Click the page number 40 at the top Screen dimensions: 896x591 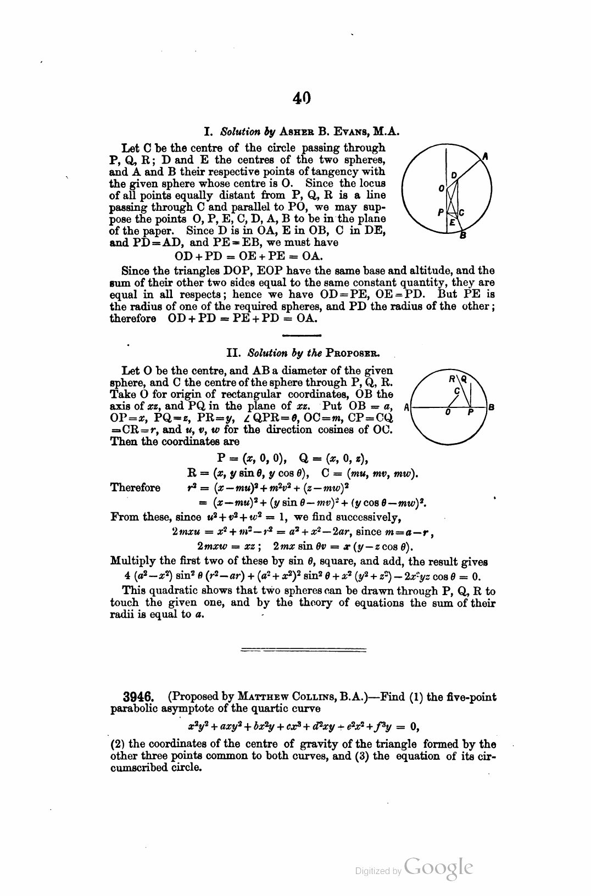tap(302, 98)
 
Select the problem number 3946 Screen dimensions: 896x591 tap(137, 697)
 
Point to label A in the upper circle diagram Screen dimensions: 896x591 tap(485, 156)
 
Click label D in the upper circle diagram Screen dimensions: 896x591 tap(454, 175)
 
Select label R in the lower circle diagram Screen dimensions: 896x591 tap(451, 378)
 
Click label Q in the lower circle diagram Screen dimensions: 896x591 tap(464, 378)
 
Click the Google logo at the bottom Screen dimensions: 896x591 tap(438, 868)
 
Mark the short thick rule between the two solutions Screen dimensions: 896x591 tap(301, 334)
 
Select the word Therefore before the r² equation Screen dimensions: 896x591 tap(135, 488)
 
